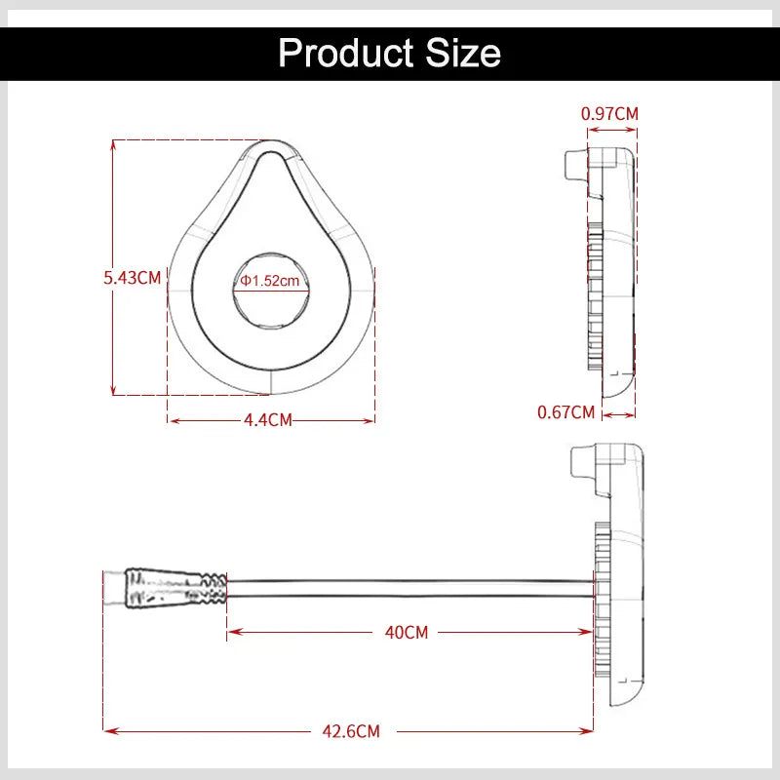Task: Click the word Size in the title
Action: click(x=464, y=52)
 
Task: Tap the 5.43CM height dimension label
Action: click(x=133, y=278)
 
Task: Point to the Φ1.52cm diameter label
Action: click(x=269, y=281)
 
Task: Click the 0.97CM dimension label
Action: click(x=609, y=113)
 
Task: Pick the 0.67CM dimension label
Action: click(x=565, y=412)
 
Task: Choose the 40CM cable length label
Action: click(x=407, y=632)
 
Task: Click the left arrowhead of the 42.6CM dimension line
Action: click(x=107, y=730)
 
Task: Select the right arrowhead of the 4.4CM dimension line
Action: click(x=371, y=421)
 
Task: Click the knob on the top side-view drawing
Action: click(x=576, y=167)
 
